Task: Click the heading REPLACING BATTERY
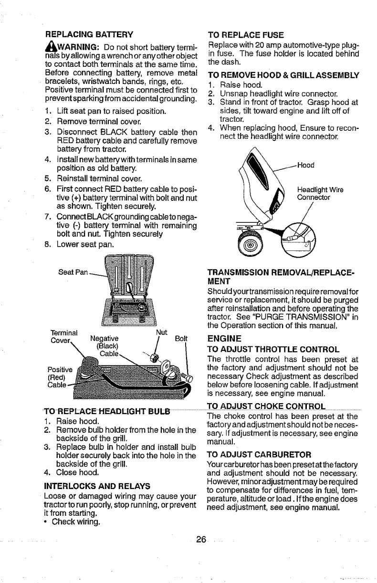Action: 89,34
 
